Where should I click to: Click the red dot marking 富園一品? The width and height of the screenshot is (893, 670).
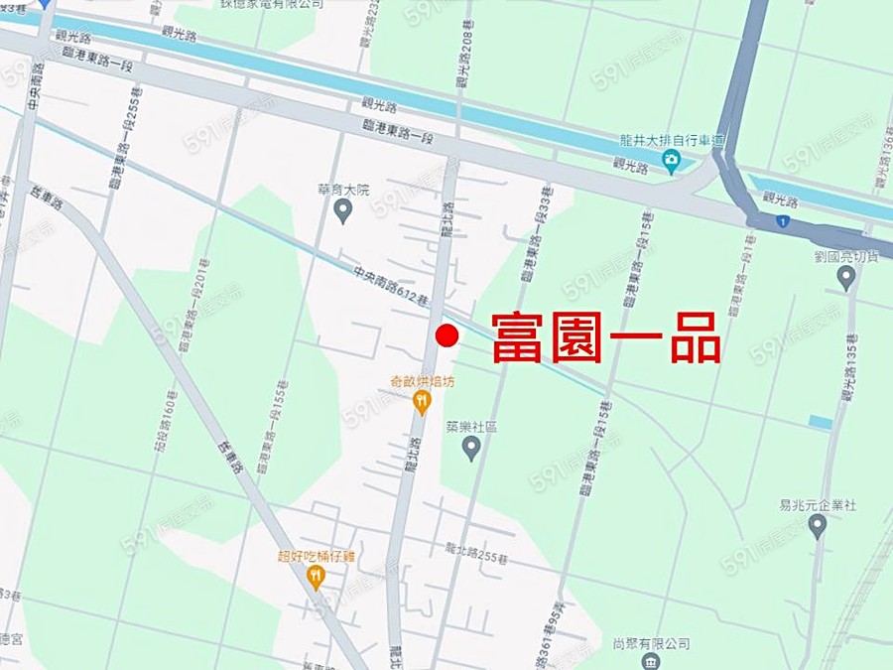446,335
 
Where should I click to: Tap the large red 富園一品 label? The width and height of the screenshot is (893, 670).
605,337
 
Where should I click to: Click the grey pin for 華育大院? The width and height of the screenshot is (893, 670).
343,210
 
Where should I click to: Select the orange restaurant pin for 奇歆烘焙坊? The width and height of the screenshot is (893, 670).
422,402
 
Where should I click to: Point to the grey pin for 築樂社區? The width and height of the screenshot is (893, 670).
472,449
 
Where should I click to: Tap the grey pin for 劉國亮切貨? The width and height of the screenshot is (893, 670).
845,277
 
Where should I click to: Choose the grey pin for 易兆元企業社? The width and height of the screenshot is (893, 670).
818,526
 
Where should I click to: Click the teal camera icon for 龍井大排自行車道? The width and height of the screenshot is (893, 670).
672,160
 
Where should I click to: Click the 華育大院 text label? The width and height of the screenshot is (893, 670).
343,189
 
